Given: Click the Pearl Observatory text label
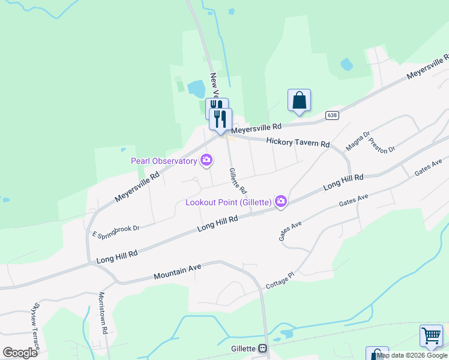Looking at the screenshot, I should coord(164,161).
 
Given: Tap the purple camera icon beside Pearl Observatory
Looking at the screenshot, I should coord(206,160).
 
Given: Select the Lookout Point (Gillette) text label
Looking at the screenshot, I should coord(228,202).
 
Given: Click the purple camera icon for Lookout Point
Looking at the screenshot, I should coord(280,202).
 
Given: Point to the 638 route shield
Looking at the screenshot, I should coord(332,115).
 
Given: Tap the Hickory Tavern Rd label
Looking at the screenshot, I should coord(298,142).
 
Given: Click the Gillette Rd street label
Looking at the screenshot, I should coord(238,180).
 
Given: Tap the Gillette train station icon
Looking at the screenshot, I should coord(262,349).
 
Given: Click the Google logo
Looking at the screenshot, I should coord(20,352).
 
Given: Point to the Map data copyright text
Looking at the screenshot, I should coord(412,355).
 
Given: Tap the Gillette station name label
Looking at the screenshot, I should coord(243,349).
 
